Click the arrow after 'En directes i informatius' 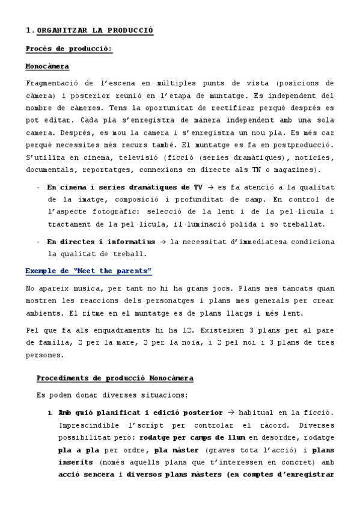(161, 241)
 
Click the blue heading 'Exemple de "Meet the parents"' (88, 271)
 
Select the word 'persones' (45, 355)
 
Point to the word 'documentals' (52, 171)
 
